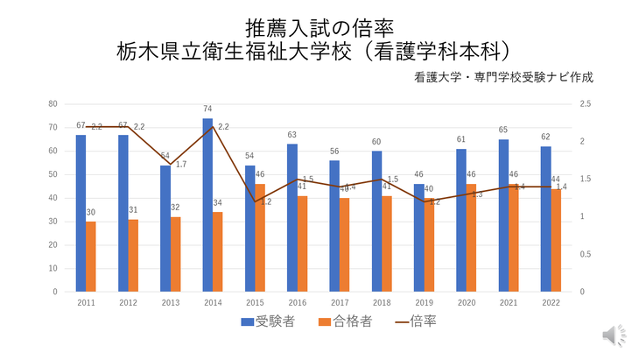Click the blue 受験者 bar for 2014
point(207,205)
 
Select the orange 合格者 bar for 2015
point(260,237)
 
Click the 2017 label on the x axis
point(340,302)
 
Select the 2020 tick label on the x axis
point(467,302)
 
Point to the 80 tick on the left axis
point(53,104)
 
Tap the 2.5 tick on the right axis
point(586,104)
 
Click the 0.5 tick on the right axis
point(586,254)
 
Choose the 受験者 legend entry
point(268,321)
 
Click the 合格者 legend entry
point(345,321)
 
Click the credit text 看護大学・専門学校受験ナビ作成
point(505,76)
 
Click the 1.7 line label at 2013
point(181,164)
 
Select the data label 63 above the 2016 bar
point(292,135)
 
